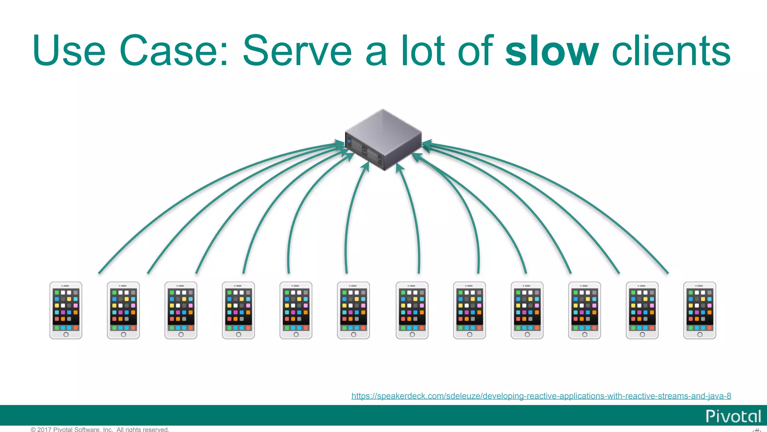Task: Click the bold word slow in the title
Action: coord(552,51)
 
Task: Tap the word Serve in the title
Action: coord(297,51)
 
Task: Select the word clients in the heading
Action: coord(671,51)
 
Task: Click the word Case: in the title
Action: coord(174,51)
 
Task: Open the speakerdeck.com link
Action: coord(541,396)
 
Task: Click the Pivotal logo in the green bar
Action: coord(733,416)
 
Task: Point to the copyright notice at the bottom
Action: coord(100,429)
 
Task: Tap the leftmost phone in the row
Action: coord(66,310)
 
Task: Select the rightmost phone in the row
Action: coord(700,310)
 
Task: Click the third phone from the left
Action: coord(181,310)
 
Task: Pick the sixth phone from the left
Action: coord(354,310)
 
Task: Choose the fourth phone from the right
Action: coord(527,310)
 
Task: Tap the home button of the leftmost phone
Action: coord(66,334)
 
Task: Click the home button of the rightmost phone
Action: coord(700,334)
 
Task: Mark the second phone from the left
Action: coord(123,310)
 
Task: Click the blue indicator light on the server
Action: coord(349,142)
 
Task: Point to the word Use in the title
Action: coord(69,51)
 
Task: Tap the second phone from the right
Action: coord(642,310)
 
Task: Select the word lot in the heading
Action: coord(423,51)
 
